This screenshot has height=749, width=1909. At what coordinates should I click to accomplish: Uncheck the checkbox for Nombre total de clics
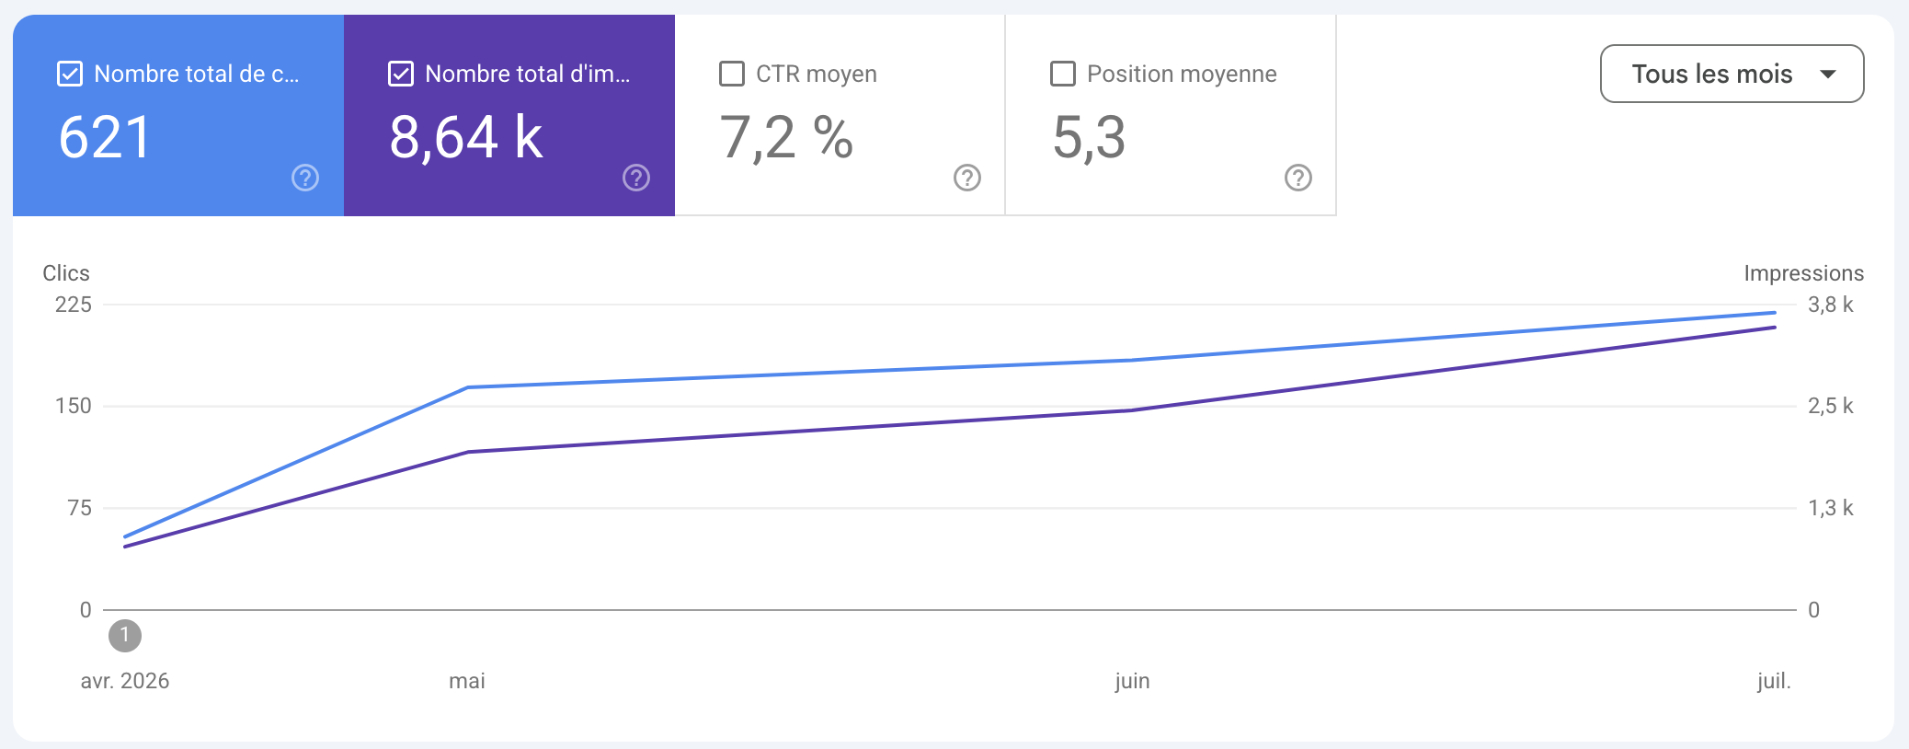tap(70, 74)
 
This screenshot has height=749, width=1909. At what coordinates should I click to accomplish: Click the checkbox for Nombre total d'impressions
tap(401, 74)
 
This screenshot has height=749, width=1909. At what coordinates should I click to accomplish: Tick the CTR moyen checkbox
tap(732, 74)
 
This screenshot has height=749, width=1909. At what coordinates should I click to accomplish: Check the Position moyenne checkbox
tap(1063, 74)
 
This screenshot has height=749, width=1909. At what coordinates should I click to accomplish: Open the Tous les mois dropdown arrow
tap(1828, 74)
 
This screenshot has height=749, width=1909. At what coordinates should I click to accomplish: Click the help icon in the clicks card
tap(305, 178)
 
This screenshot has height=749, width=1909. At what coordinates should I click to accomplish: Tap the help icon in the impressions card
tap(636, 178)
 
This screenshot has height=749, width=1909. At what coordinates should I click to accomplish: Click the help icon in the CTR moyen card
tap(967, 178)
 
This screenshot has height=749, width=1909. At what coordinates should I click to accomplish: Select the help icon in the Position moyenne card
tap(1298, 178)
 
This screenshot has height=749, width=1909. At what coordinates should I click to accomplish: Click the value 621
tap(105, 138)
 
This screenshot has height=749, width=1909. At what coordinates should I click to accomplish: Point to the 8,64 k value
tap(466, 138)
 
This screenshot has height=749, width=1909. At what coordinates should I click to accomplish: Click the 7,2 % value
tap(786, 138)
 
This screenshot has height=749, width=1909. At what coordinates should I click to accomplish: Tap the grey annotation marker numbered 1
tap(125, 635)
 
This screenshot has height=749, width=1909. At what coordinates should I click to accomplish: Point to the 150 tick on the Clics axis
tap(74, 406)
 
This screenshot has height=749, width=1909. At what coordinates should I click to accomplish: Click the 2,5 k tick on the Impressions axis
tap(1831, 406)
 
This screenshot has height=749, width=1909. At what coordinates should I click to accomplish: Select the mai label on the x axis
tap(467, 681)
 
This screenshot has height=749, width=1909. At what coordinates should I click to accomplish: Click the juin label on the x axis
tap(1132, 681)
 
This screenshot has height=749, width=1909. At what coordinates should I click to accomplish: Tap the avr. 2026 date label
tap(125, 681)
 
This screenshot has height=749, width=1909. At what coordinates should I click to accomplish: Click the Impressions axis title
tap(1804, 273)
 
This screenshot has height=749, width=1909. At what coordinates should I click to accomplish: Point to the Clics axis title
tap(66, 273)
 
